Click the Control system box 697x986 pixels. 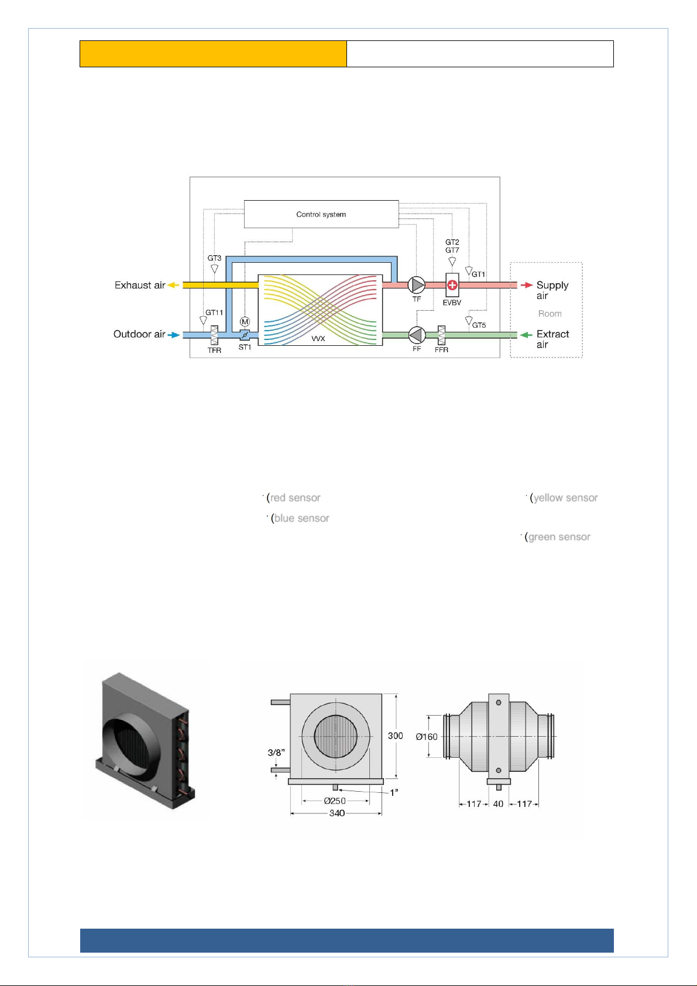click(x=321, y=214)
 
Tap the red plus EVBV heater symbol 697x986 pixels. click(x=452, y=285)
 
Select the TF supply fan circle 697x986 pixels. click(x=416, y=285)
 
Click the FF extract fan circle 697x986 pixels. click(x=416, y=335)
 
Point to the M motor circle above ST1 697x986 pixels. click(x=245, y=322)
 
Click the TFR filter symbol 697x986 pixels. click(x=214, y=335)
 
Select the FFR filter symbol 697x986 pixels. click(x=441, y=335)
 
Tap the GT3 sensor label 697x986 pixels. click(x=214, y=258)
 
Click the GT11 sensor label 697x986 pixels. click(x=214, y=312)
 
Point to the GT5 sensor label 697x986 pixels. click(x=479, y=325)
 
